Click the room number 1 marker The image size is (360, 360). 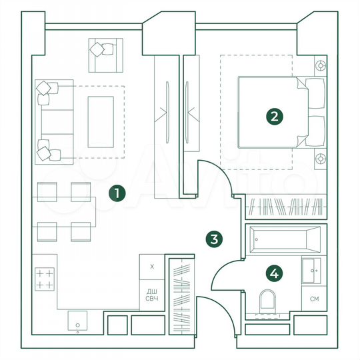pos(117,194)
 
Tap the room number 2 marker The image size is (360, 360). pos(274,117)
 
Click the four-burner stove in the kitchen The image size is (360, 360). pos(44,279)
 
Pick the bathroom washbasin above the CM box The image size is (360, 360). pos(313,270)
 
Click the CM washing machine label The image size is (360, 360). pos(314,298)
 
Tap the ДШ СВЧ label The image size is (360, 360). pos(152,294)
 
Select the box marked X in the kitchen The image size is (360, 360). pos(152,267)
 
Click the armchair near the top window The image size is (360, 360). pos(105,54)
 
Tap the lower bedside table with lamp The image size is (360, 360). pos(321,159)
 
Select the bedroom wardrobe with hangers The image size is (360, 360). pos(287,207)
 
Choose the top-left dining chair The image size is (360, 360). pos(49,191)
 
